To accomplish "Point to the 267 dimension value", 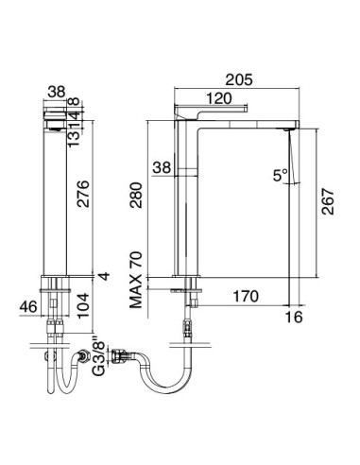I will (x=326, y=199).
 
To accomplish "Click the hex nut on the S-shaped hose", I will (x=120, y=358).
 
